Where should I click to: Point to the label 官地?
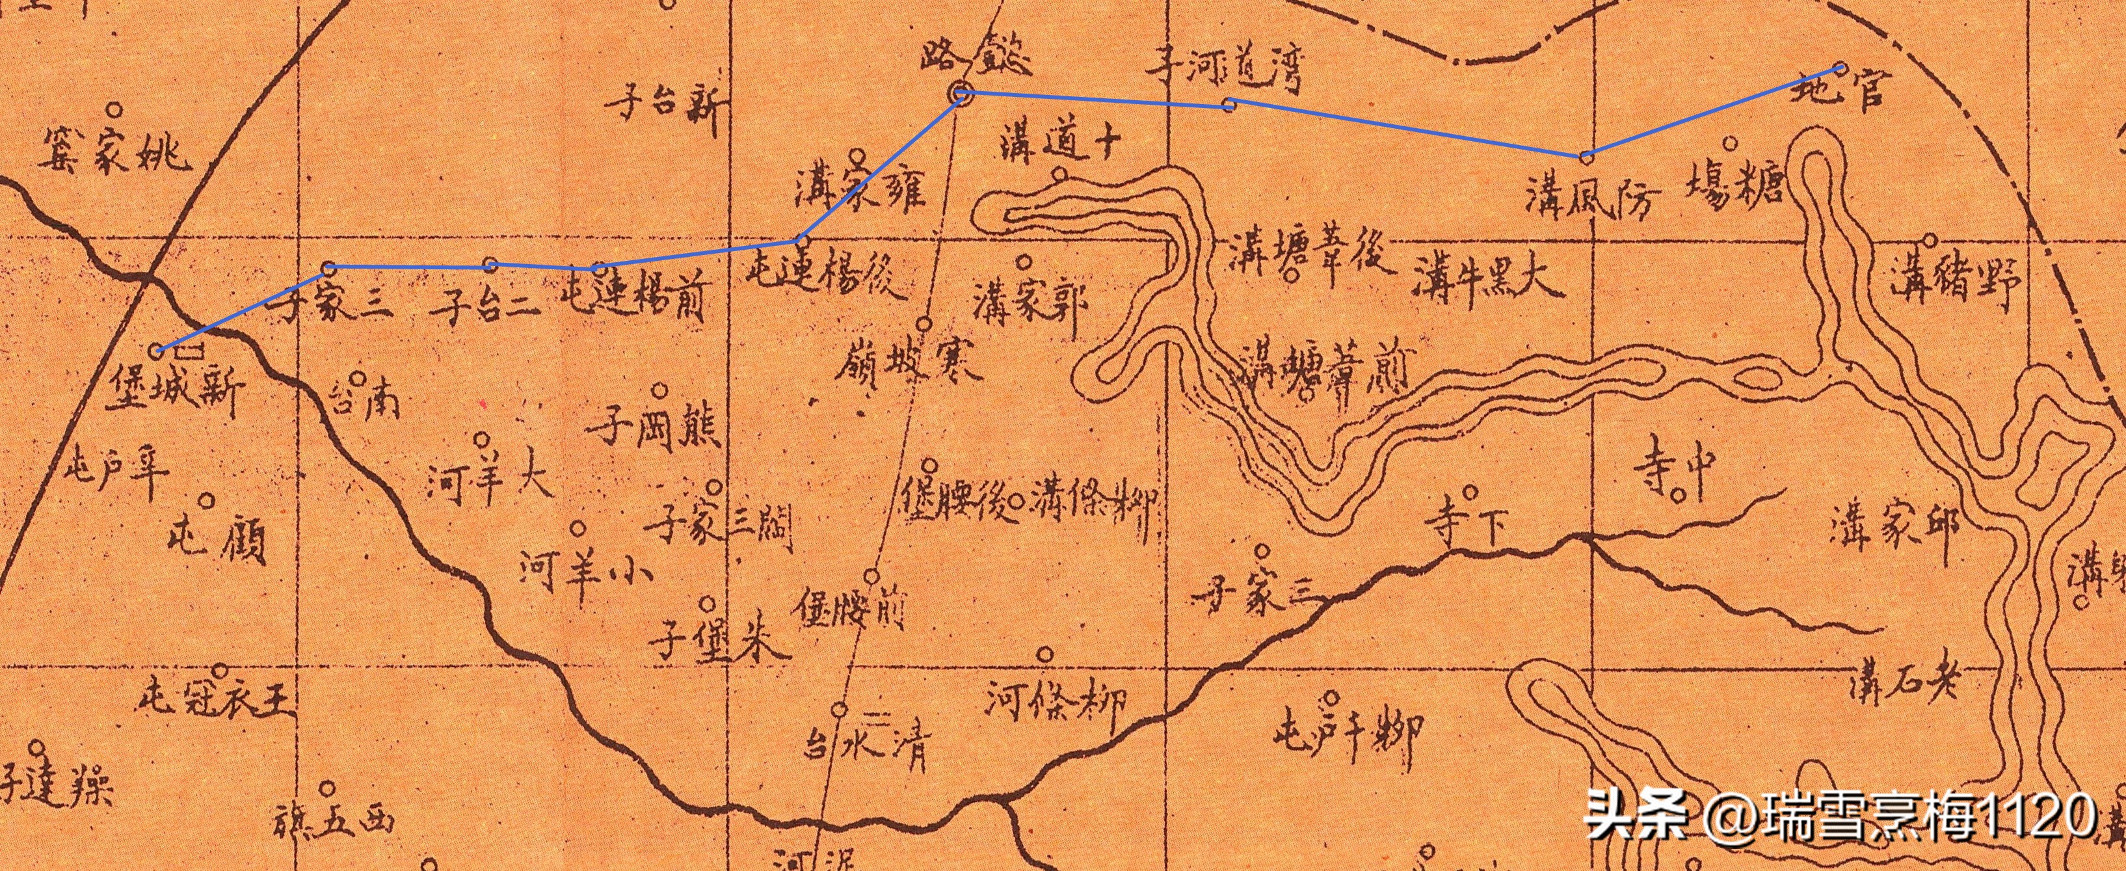[1840, 89]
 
